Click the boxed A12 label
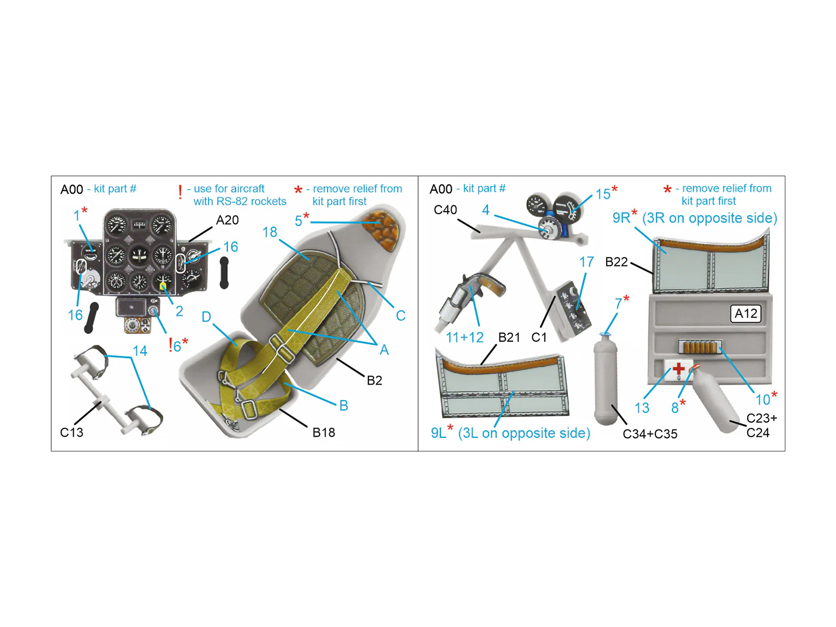pyautogui.click(x=746, y=313)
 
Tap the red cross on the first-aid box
pyautogui.click(x=678, y=368)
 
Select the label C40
pyautogui.click(x=445, y=210)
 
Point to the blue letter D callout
pyautogui.click(x=206, y=317)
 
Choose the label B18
pyautogui.click(x=324, y=433)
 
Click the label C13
pyautogui.click(x=72, y=433)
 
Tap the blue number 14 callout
pyautogui.click(x=140, y=351)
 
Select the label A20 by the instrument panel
pyautogui.click(x=227, y=220)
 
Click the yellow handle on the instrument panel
pyautogui.click(x=162, y=285)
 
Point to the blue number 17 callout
pyautogui.click(x=587, y=262)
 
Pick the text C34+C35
pyautogui.click(x=650, y=434)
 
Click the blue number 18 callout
pyautogui.click(x=270, y=232)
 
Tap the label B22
pyautogui.click(x=617, y=262)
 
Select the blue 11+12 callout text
pyautogui.click(x=465, y=338)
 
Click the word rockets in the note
pyautogui.click(x=269, y=201)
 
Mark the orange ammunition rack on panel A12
pyautogui.click(x=700, y=347)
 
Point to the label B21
pyautogui.click(x=509, y=338)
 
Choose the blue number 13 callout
pyautogui.click(x=642, y=408)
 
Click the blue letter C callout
pyautogui.click(x=401, y=316)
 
